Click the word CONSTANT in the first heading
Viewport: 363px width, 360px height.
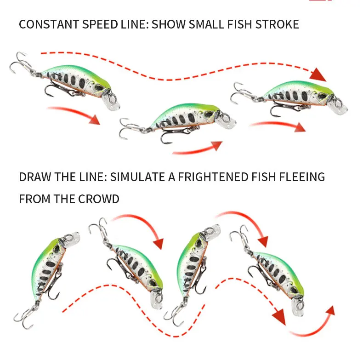point(49,24)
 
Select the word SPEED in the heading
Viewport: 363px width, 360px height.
point(100,24)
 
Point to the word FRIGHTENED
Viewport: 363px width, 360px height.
point(213,177)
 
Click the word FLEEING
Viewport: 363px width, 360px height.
point(302,177)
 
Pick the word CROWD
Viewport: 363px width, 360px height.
point(98,199)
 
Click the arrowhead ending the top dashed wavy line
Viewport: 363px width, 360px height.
point(318,74)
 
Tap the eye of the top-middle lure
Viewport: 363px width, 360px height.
point(208,114)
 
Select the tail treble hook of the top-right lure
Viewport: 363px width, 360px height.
point(239,93)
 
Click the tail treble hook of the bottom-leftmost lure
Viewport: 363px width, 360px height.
point(24,318)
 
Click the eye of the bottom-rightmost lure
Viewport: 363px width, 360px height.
point(294,290)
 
